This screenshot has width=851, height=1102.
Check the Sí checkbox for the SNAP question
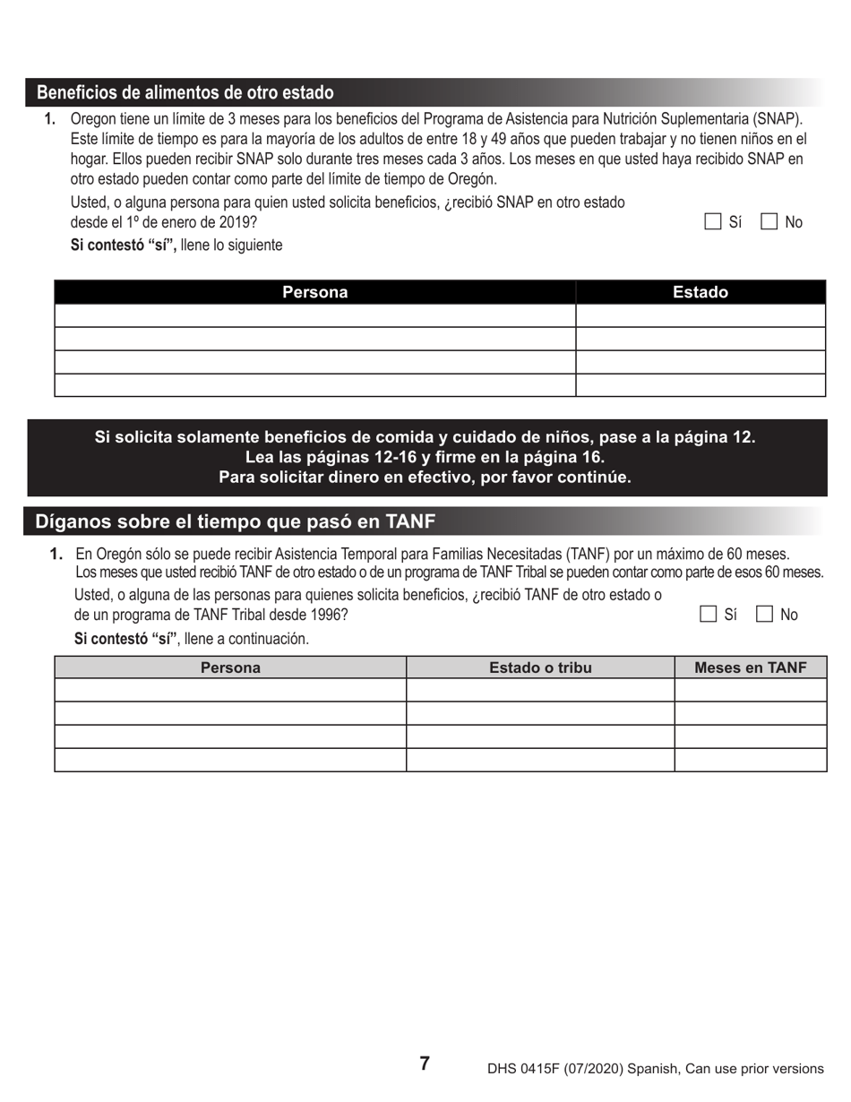(x=713, y=222)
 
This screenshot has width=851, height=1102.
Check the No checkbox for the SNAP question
(x=769, y=222)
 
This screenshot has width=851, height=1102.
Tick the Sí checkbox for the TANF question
(x=709, y=614)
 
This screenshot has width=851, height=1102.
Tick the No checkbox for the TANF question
(x=765, y=614)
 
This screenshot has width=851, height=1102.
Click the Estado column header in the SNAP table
(x=700, y=292)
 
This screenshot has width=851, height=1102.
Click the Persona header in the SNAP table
(x=314, y=292)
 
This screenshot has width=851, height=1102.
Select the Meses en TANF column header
(x=750, y=667)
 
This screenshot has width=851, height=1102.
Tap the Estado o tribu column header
(x=540, y=667)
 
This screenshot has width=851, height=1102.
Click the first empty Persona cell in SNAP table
(x=314, y=315)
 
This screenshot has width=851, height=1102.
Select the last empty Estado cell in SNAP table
(x=700, y=384)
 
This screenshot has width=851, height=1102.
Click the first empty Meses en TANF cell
(x=750, y=690)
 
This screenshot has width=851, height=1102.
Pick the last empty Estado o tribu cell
(x=540, y=759)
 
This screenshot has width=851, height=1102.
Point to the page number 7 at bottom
(x=425, y=1063)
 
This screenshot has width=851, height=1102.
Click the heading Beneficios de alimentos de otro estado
(x=185, y=93)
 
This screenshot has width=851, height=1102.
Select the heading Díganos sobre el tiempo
(x=235, y=521)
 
